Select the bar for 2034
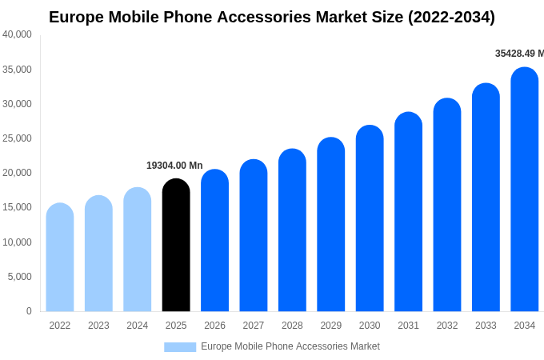click(524, 190)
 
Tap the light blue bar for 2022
click(60, 258)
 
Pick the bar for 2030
click(370, 218)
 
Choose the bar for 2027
click(254, 235)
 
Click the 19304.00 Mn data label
click(174, 166)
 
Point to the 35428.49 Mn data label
click(519, 54)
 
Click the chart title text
click(272, 17)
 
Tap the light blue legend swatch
click(180, 346)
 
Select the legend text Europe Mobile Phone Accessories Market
click(290, 346)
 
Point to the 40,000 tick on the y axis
click(17, 34)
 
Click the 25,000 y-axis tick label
click(17, 138)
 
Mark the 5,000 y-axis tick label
click(19, 277)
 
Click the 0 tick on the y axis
click(29, 311)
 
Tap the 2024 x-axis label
click(138, 326)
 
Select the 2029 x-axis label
click(331, 326)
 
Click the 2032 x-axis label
click(447, 326)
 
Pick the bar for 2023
click(98, 254)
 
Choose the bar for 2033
click(486, 198)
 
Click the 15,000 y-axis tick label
click(17, 207)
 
